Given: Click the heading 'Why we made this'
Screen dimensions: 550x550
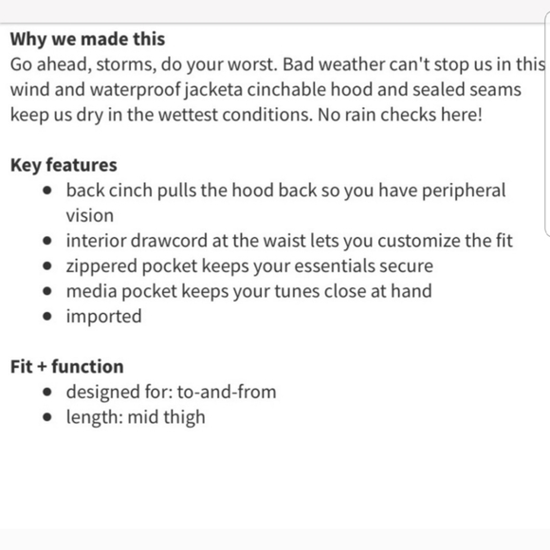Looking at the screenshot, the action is [x=87, y=40].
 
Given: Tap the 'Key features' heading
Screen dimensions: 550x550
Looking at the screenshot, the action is [x=64, y=166].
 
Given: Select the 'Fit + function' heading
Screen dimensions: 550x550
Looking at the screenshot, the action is [x=66, y=367].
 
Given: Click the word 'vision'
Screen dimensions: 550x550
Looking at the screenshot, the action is [x=89, y=216].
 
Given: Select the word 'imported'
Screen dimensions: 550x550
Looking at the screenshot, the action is [x=103, y=317].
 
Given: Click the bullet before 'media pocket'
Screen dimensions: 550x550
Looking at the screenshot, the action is [x=48, y=292].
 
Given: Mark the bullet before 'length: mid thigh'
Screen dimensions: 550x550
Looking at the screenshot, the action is [x=48, y=417].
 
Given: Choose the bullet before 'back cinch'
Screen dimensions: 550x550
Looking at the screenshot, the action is [x=48, y=192].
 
